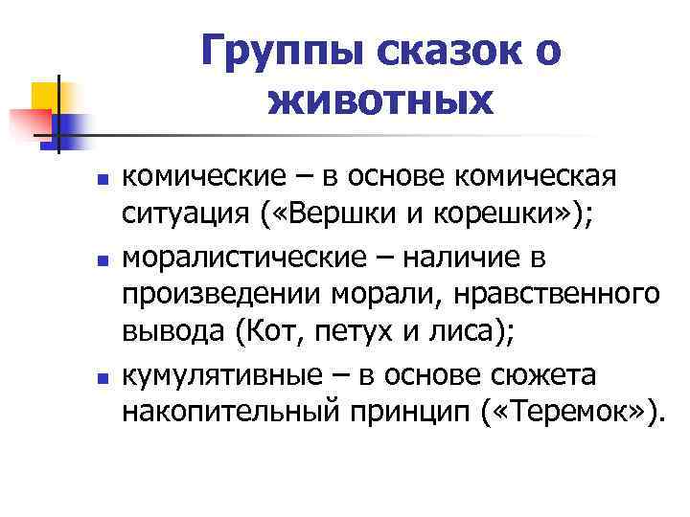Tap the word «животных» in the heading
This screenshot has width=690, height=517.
pos(382,99)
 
